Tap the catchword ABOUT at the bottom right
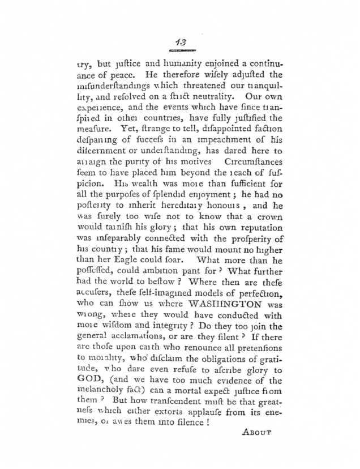pyautogui.click(x=256, y=432)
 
